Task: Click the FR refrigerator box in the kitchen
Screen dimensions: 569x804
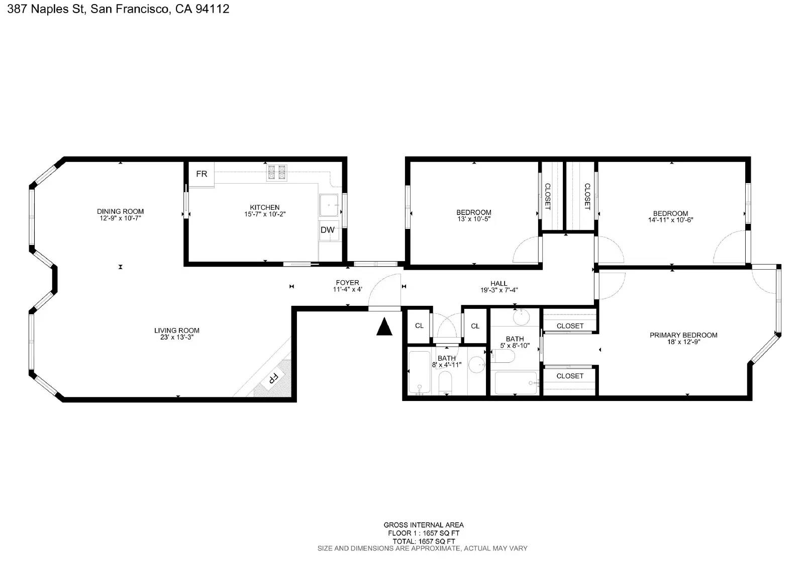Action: (201, 174)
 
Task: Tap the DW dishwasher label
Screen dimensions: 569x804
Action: (327, 230)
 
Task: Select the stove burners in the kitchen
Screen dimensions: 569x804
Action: (276, 173)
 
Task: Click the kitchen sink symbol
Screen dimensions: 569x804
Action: (329, 205)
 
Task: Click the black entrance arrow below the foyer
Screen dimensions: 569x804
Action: (384, 327)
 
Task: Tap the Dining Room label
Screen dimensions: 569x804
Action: (120, 211)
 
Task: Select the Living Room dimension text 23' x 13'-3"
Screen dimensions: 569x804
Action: (177, 337)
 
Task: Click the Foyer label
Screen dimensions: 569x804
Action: (347, 283)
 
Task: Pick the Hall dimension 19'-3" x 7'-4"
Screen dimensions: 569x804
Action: (498, 290)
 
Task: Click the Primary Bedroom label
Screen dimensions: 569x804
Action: (683, 335)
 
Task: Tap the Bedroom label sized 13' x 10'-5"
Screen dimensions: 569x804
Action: (473, 212)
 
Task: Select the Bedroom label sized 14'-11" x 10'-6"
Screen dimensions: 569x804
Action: (670, 213)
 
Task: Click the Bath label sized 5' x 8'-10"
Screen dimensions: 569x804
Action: (515, 339)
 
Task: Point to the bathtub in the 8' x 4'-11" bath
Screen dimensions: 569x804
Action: (419, 373)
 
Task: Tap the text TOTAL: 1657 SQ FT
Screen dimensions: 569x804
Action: (423, 541)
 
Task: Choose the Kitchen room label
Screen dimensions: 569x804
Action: (265, 207)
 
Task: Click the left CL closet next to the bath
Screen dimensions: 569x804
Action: (419, 326)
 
